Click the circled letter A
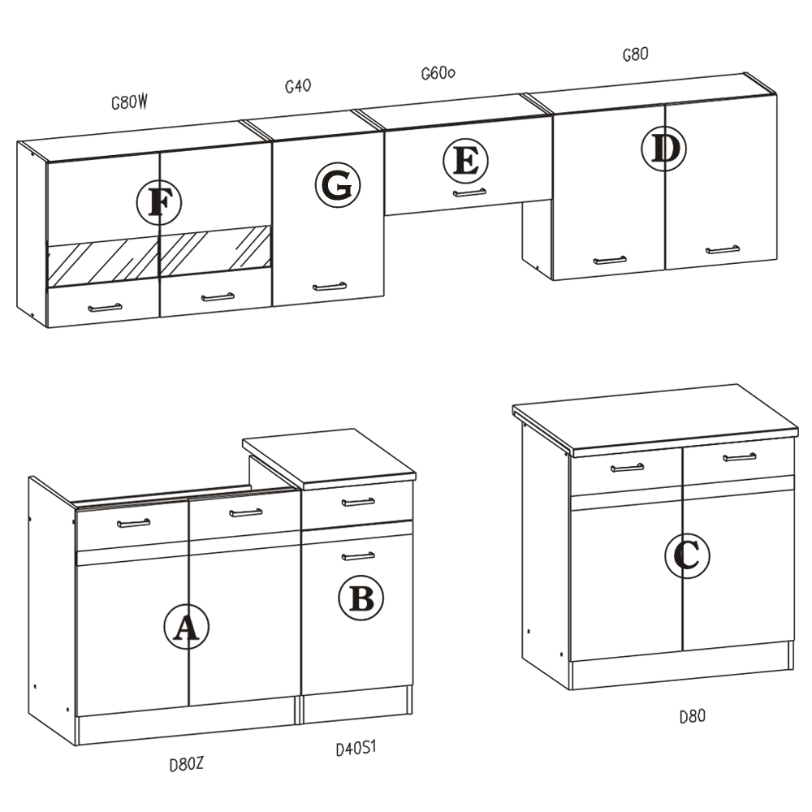tap(187, 627)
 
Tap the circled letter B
tap(361, 598)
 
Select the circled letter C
tap(687, 555)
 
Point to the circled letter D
tap(664, 149)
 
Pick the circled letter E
tap(465, 161)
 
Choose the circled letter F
tap(159, 202)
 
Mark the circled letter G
tap(338, 185)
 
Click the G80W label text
tap(129, 102)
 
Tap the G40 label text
tap(298, 85)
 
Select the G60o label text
tap(438, 73)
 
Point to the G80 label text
tap(635, 54)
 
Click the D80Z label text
tap(187, 764)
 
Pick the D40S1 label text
tap(356, 748)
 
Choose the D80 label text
tap(693, 716)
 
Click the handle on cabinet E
tap(469, 192)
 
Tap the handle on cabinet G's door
tap(330, 287)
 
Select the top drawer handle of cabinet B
tap(358, 502)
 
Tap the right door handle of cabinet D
tap(723, 249)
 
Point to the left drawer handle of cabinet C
tap(627, 468)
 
